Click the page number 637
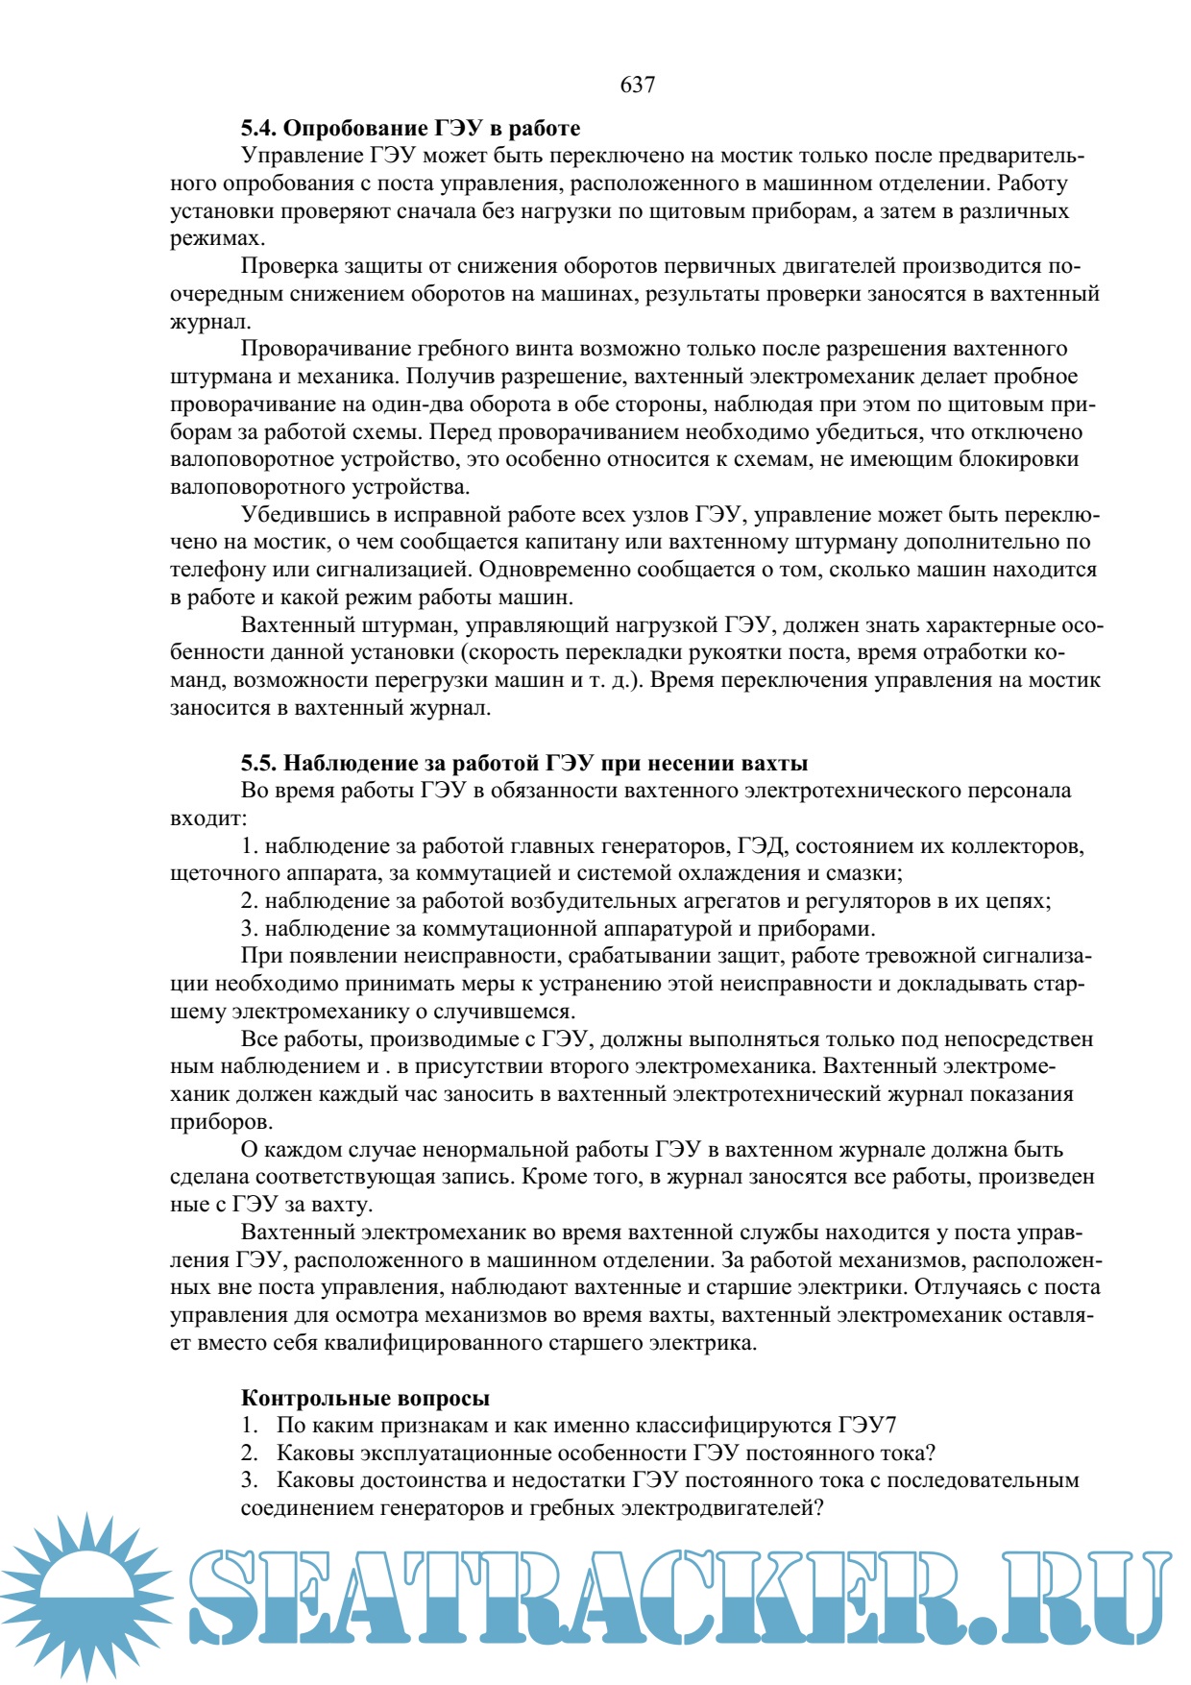(637, 85)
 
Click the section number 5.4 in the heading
(258, 128)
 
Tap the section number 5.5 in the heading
(258, 763)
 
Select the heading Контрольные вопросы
(365, 1398)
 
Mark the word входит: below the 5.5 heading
(208, 819)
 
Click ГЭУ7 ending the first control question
(867, 1426)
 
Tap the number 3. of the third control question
(250, 1480)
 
